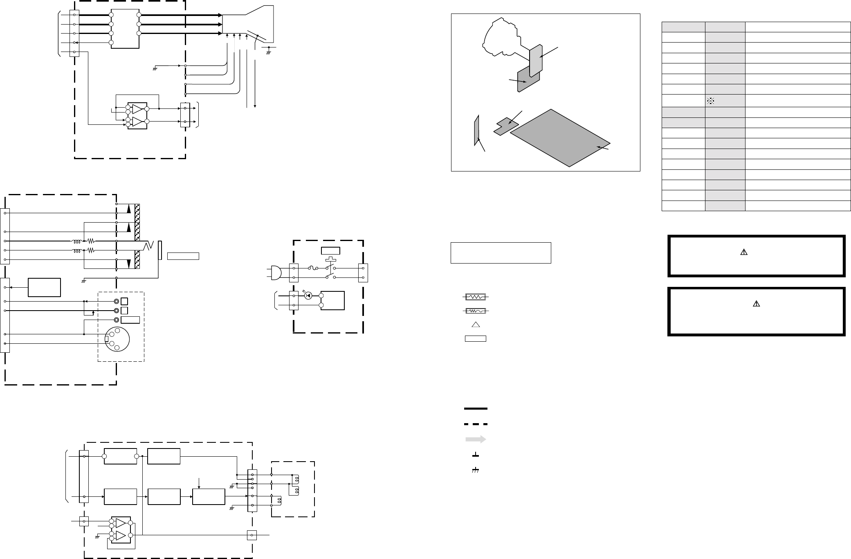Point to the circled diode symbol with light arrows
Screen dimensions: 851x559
click(x=308, y=295)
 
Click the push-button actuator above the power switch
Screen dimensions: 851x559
click(x=330, y=259)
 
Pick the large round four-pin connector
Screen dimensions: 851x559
click(x=117, y=339)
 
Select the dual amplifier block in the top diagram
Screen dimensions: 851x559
click(x=137, y=115)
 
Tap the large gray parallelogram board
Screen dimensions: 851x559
click(x=560, y=138)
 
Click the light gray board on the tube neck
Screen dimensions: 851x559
click(x=536, y=61)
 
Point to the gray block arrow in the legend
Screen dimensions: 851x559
click(x=475, y=440)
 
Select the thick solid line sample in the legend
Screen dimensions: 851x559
click(x=476, y=408)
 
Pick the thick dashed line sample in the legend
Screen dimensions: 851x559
click(x=476, y=424)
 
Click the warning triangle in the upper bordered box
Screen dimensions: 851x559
click(x=743, y=252)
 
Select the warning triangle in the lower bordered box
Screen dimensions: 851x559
click(x=756, y=304)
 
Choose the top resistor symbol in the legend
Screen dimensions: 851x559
click(x=475, y=297)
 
